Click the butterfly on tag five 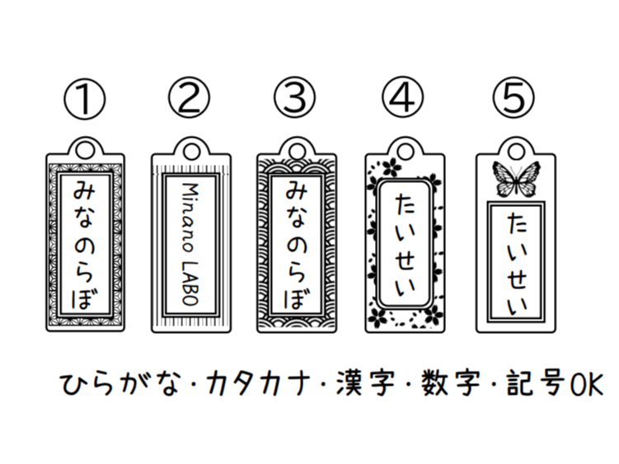click(516, 179)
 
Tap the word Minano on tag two click(190, 217)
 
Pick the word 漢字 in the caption click(365, 383)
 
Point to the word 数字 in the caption click(450, 383)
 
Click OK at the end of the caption click(586, 384)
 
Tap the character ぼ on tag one click(84, 298)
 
